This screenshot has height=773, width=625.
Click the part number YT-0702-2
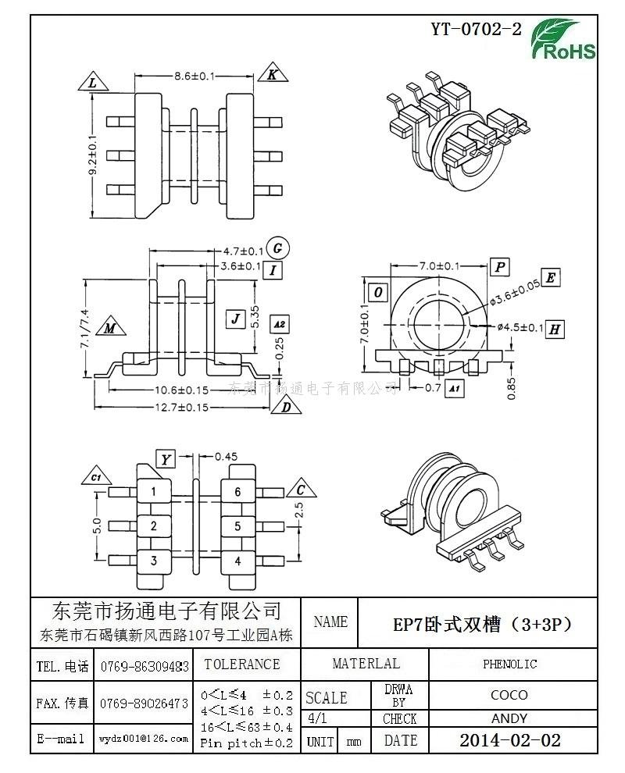point(476,30)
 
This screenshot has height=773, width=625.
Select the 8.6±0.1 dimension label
point(194,76)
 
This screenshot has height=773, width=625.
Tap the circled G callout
point(277,248)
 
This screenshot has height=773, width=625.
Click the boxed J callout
point(235,318)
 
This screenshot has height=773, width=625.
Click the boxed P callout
point(500,267)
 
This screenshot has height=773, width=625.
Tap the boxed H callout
point(554,329)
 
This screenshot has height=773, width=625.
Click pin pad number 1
point(154,491)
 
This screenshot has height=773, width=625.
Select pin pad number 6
point(237,491)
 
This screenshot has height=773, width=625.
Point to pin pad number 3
point(154,560)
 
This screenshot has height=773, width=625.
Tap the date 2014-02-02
point(509,740)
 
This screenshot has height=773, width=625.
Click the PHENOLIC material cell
point(509,664)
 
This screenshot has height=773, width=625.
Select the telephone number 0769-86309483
point(145,667)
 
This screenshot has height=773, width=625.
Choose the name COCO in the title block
point(509,694)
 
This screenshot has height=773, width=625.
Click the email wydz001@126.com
point(144,738)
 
